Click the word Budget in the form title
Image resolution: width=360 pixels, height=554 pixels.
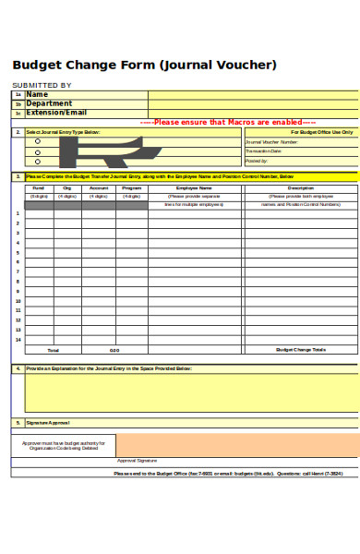coord(37,65)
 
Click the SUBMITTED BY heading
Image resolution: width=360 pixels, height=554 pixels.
coord(41,85)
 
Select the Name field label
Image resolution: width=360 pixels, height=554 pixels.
coord(37,94)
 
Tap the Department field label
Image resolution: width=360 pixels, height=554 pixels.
coord(49,103)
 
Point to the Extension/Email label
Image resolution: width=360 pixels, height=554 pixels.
coord(58,113)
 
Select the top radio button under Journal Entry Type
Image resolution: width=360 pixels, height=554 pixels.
coord(38,141)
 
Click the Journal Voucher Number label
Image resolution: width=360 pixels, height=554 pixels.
coord(271,142)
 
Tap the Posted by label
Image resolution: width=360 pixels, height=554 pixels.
coord(257,160)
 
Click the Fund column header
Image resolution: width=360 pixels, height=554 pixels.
coord(39,187)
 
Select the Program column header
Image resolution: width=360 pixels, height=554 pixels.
coord(132,187)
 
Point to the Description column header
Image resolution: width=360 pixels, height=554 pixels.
coord(301,187)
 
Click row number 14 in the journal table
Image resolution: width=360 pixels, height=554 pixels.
coord(18,340)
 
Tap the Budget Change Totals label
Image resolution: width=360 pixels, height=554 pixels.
coord(301,350)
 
